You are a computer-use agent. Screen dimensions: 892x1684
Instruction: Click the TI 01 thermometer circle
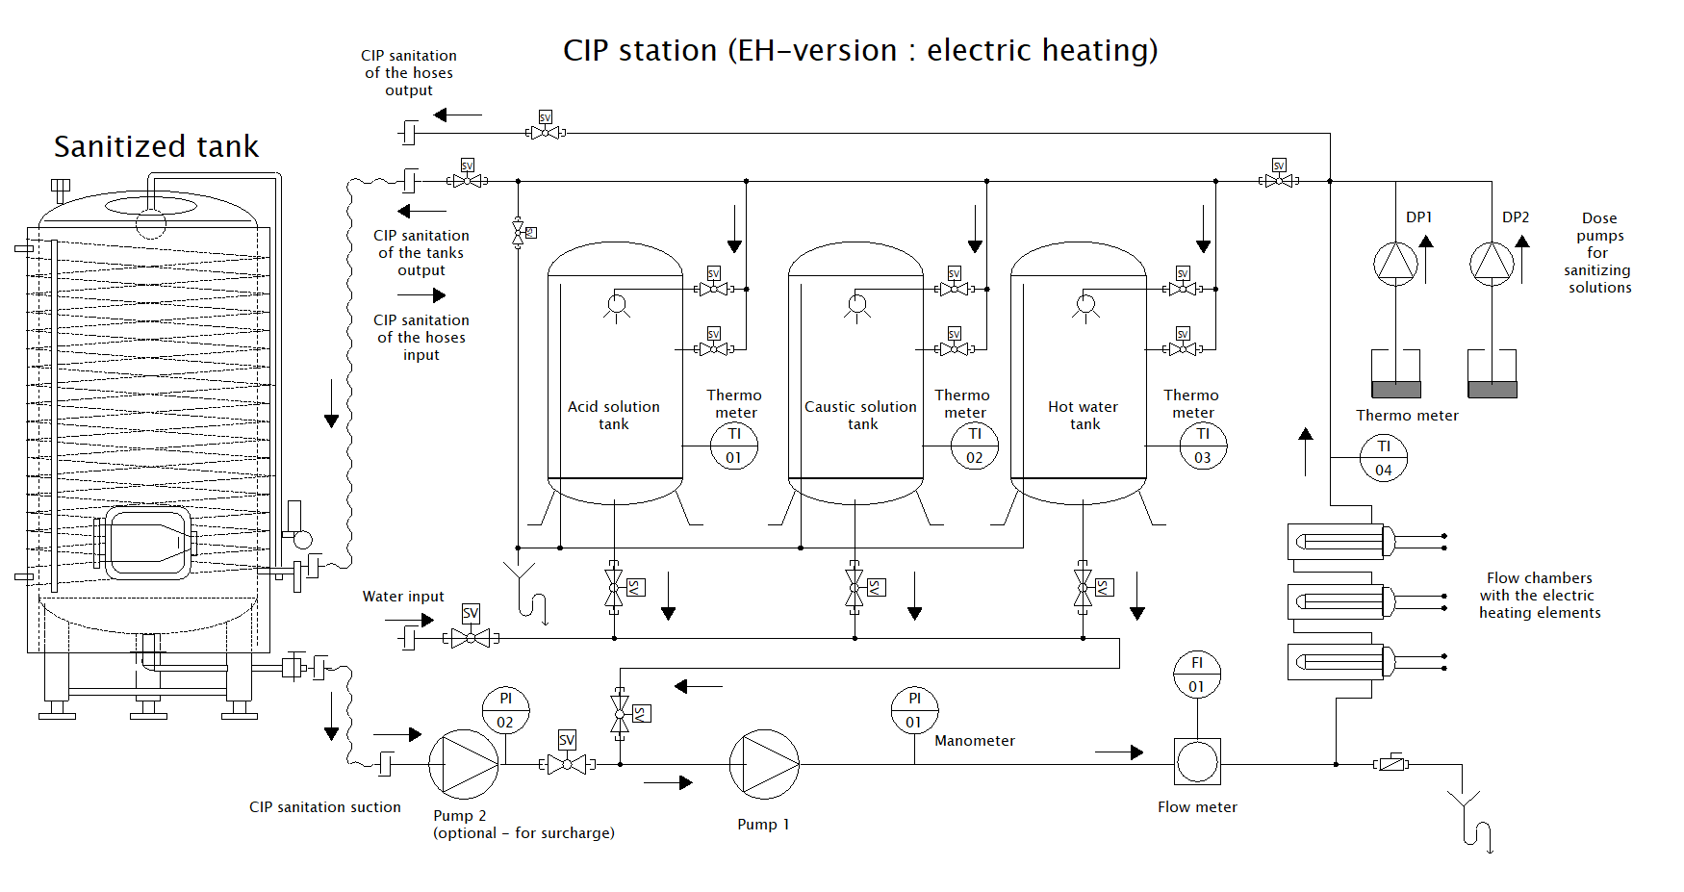click(734, 446)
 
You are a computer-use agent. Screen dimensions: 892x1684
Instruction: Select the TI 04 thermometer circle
click(1383, 458)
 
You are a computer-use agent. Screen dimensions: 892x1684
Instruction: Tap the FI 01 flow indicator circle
click(1196, 675)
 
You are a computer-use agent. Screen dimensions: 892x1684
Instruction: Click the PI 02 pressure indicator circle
click(505, 710)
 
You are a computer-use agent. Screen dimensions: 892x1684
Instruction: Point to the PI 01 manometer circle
click(913, 710)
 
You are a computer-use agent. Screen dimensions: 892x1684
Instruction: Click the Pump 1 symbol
click(764, 764)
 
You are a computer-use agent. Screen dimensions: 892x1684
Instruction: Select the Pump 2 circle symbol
click(463, 764)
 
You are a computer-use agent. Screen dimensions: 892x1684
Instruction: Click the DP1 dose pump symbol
click(1395, 263)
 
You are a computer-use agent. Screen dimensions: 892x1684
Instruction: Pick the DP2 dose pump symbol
click(1492, 263)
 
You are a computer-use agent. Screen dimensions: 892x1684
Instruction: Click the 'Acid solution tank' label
click(613, 415)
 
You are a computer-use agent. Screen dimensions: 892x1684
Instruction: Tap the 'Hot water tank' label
click(1083, 415)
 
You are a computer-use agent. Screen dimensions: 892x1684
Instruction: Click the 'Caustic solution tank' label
click(860, 415)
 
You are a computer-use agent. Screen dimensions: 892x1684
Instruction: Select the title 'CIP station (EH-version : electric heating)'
click(859, 50)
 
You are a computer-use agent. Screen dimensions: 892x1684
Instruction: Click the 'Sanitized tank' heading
click(156, 146)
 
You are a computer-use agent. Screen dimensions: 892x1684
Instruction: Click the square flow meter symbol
click(1197, 762)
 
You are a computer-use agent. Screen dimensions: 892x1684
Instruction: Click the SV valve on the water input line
click(471, 637)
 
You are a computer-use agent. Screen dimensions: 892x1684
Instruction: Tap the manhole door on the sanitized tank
click(148, 544)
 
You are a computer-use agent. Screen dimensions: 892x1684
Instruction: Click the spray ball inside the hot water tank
click(1085, 306)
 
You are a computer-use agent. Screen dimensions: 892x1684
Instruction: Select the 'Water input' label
click(402, 597)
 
